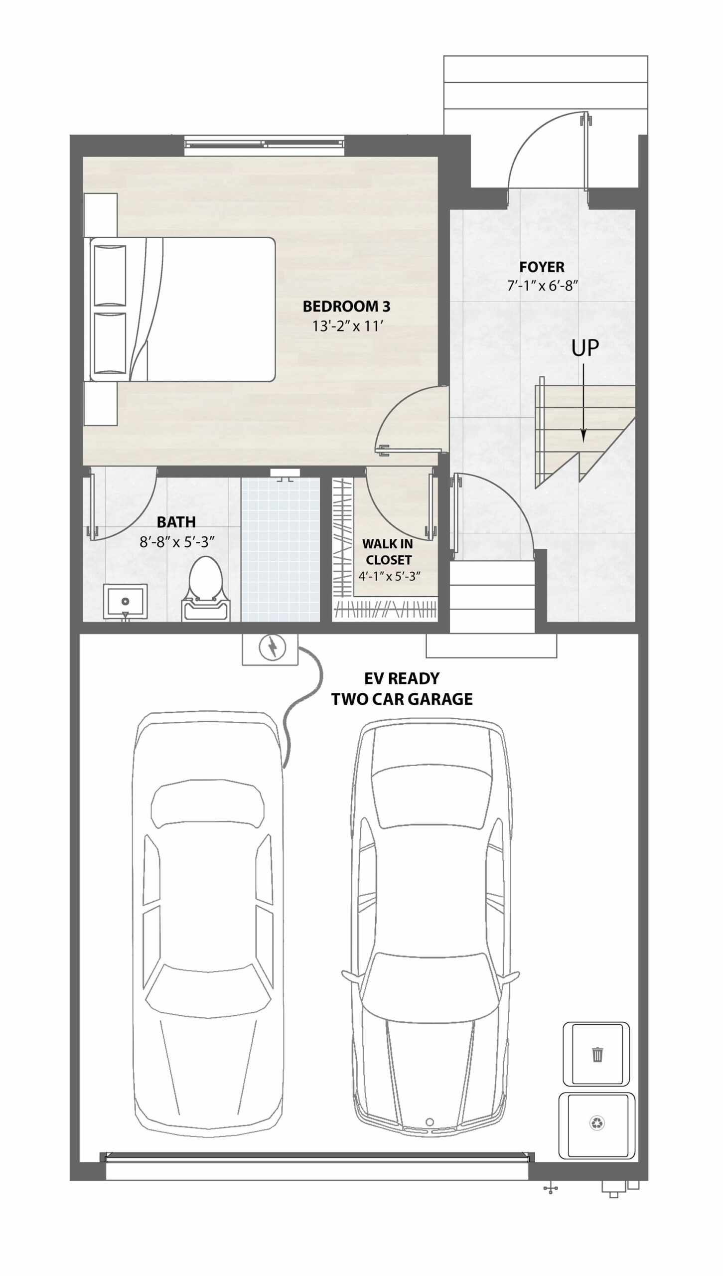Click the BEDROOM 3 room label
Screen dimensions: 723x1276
pyautogui.click(x=346, y=306)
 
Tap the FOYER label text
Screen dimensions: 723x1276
pyautogui.click(x=542, y=267)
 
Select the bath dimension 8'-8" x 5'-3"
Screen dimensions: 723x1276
pyautogui.click(x=177, y=542)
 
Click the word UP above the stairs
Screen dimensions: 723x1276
pyautogui.click(x=584, y=348)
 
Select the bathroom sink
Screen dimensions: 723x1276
pyautogui.click(x=125, y=603)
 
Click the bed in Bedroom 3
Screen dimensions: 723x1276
pyautogui.click(x=182, y=310)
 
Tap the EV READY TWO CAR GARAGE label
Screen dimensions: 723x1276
pyautogui.click(x=402, y=688)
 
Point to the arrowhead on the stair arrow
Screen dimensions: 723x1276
pyautogui.click(x=583, y=435)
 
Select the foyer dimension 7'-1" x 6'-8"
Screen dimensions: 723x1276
pyautogui.click(x=542, y=286)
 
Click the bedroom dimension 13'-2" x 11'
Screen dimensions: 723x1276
pyautogui.click(x=347, y=326)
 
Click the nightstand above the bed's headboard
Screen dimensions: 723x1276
pyautogui.click(x=101, y=215)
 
